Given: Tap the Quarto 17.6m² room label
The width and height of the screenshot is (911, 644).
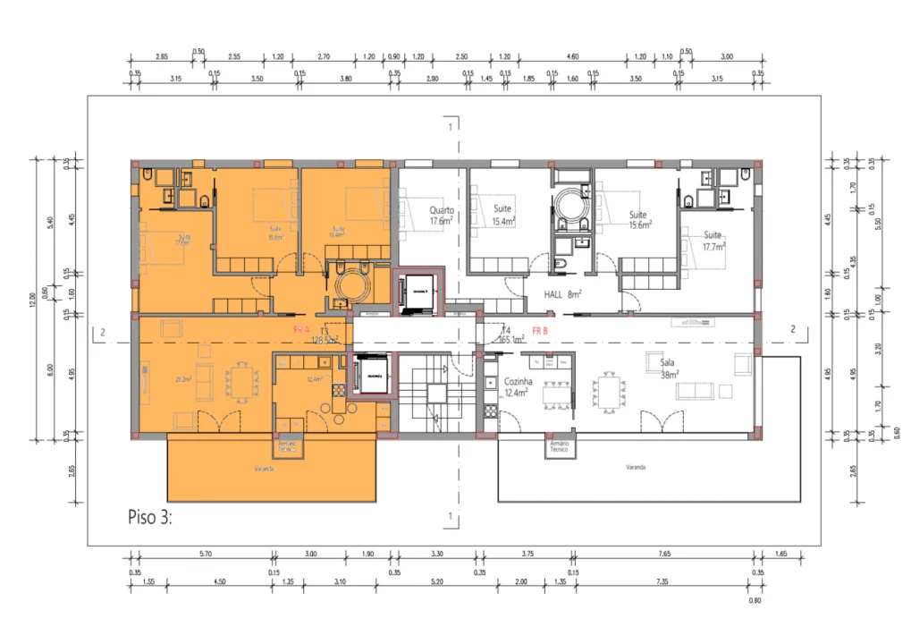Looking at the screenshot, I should (441, 216).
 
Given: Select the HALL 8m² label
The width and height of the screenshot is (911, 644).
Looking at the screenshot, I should (563, 293).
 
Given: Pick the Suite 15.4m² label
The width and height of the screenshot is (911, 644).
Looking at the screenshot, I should (504, 215).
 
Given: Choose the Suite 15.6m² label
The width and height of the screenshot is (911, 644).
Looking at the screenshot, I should (637, 220).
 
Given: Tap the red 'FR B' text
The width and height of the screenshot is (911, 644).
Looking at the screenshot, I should (541, 331).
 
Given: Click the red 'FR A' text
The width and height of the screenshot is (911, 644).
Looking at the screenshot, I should (302, 330).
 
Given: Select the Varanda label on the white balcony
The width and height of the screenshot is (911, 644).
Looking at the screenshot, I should (636, 467).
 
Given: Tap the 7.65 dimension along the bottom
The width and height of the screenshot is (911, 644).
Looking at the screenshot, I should (663, 555).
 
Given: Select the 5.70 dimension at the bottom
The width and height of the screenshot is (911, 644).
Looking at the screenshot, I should (204, 555).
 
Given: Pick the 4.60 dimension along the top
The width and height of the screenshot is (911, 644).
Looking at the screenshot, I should (573, 56).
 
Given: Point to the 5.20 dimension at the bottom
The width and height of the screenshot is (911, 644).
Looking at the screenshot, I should (436, 582).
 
